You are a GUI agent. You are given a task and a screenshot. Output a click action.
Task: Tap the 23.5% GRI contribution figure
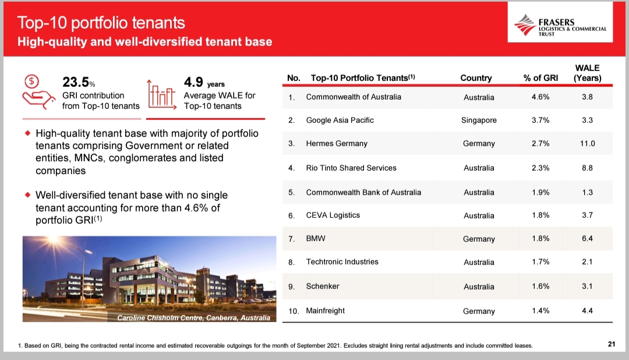point(79,82)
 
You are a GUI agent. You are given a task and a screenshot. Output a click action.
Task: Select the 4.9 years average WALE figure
point(204,82)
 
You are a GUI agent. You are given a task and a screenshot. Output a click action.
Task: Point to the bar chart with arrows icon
point(162,94)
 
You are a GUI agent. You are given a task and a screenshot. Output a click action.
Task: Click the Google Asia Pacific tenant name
point(340,120)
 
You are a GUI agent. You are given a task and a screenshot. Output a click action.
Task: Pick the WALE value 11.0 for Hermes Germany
point(587,143)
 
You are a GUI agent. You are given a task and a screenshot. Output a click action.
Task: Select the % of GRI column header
point(540,78)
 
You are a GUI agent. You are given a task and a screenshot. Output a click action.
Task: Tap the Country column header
point(476,78)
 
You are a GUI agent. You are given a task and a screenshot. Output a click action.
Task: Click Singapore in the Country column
point(479,120)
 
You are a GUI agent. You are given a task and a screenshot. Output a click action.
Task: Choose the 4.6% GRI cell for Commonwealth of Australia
point(540,97)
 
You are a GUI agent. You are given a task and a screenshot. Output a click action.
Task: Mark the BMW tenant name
point(316,238)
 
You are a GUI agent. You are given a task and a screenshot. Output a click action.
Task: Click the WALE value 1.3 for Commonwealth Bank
point(587,192)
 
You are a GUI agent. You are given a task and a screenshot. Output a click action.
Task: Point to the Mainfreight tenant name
point(326,310)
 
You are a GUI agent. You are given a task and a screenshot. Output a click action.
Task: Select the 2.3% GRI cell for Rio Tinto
point(540,168)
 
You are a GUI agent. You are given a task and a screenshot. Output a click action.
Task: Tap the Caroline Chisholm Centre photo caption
point(193,318)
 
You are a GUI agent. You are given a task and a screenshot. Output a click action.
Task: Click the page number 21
point(612,344)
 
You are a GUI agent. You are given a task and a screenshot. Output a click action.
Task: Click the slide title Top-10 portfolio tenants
point(101,23)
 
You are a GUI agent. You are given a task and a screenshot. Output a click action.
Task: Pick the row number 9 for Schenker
point(291,287)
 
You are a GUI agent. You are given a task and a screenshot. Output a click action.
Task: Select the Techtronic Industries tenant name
point(342,262)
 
